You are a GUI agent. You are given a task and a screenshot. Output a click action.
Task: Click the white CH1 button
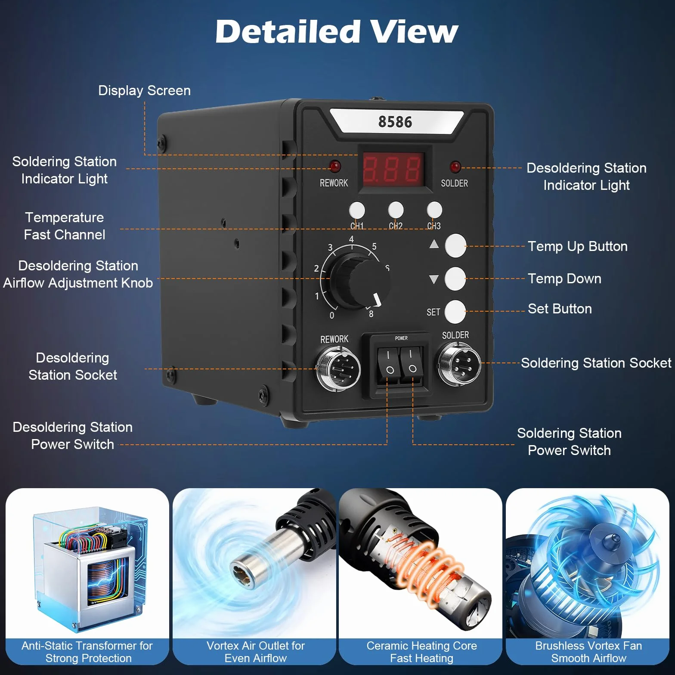coord(356,211)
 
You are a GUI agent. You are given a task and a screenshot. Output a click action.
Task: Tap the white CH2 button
coord(396,210)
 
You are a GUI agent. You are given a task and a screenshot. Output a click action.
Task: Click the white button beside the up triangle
coord(455,246)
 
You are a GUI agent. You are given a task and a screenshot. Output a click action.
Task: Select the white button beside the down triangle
coord(455,279)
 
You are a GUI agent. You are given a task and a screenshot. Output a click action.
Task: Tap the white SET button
coord(455,312)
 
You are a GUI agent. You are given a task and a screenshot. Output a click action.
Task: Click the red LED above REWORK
coord(334,166)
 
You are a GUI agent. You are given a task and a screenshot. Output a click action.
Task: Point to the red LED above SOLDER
coord(455,167)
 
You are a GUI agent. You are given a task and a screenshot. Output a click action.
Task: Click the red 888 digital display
coord(392,168)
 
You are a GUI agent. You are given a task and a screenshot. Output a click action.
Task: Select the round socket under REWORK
coord(338,369)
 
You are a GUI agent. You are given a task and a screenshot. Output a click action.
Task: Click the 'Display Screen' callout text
coord(144,90)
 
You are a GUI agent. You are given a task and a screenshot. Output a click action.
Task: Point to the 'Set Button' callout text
coord(560,309)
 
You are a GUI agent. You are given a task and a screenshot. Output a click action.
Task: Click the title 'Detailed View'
coord(337,31)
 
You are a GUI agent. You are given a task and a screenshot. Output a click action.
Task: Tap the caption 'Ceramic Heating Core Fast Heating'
coord(421,652)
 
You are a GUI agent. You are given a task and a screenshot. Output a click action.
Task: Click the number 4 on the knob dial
coord(351,239)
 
